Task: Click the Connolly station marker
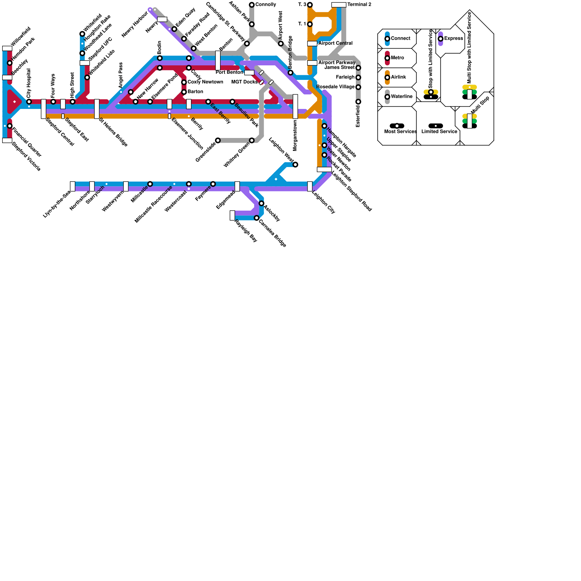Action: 252,5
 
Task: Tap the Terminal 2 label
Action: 359,5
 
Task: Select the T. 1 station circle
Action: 310,24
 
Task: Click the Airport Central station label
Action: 335,44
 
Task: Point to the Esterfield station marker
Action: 358,102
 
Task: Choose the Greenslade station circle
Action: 218,141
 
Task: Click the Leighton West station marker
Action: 296,165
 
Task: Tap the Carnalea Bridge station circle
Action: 257,218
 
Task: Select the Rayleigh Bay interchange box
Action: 232,215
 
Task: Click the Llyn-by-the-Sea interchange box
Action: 73,186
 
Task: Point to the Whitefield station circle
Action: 82,34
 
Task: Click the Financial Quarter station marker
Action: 10,126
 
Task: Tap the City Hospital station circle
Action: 29,102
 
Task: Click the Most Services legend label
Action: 400,131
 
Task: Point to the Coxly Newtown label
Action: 205,82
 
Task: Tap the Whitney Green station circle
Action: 252,141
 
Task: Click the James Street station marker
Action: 358,68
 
